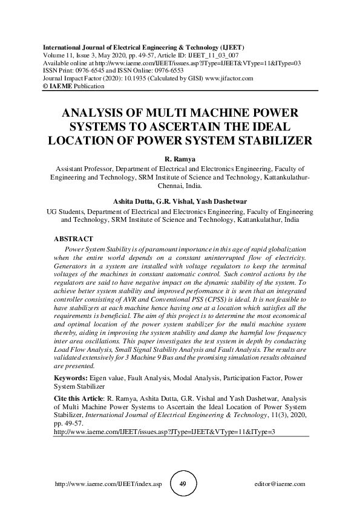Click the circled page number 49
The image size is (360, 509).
183,484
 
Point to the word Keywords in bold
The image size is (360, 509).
70,377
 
